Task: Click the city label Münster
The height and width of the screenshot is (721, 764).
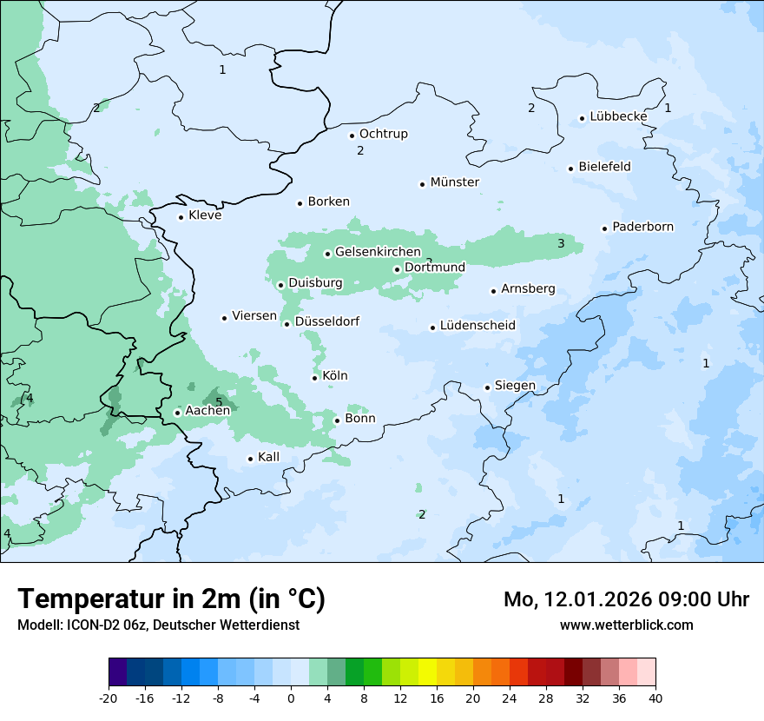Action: pyautogui.click(x=455, y=182)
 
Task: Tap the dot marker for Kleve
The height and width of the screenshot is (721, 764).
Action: pyautogui.click(x=181, y=217)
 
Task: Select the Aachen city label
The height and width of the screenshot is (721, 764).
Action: pyautogui.click(x=207, y=411)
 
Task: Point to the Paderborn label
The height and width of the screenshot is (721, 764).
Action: pyautogui.click(x=642, y=227)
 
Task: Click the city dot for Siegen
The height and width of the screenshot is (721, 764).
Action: pyautogui.click(x=488, y=387)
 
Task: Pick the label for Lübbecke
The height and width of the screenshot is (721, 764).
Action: pyautogui.click(x=618, y=116)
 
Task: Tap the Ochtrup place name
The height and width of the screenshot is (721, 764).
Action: pyautogui.click(x=383, y=134)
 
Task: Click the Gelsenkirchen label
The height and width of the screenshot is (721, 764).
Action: pyautogui.click(x=378, y=252)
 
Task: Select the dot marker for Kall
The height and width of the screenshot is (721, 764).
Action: pyautogui.click(x=251, y=459)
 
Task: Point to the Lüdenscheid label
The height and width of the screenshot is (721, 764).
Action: pyautogui.click(x=477, y=326)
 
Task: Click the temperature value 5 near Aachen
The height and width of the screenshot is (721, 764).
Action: pyautogui.click(x=219, y=401)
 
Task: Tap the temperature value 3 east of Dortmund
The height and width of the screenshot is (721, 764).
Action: pyautogui.click(x=561, y=243)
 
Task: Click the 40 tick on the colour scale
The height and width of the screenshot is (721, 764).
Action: pyautogui.click(x=655, y=698)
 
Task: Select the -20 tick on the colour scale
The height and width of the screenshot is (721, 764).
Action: pyautogui.click(x=109, y=698)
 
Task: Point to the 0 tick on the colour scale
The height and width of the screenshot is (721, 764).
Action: pyautogui.click(x=291, y=698)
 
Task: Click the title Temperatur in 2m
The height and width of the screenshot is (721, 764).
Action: pyautogui.click(x=171, y=599)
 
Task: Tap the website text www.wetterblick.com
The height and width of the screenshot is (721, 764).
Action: pyautogui.click(x=626, y=625)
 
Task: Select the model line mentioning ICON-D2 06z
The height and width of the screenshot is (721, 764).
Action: pyautogui.click(x=158, y=625)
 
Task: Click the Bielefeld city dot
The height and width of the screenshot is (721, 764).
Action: pyautogui.click(x=571, y=169)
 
